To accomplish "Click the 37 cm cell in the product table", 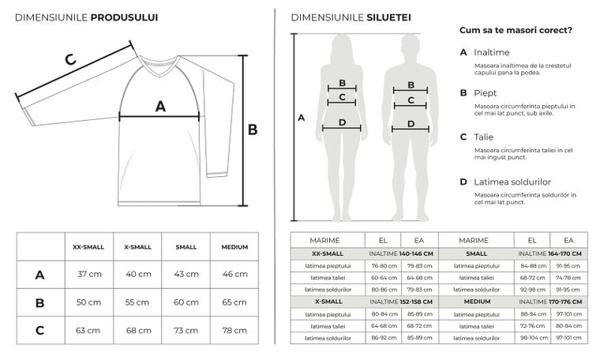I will pyautogui.click(x=88, y=275).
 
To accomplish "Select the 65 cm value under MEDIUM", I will pyautogui.click(x=234, y=302).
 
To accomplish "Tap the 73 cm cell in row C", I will pyautogui.click(x=186, y=331).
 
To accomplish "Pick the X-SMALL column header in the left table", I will pyautogui.click(x=137, y=247).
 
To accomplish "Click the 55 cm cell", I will pyautogui.click(x=137, y=302).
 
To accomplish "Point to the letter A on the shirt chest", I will pyautogui.click(x=160, y=106).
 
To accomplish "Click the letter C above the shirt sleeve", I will pyautogui.click(x=69, y=59).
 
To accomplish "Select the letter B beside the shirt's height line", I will pyautogui.click(x=253, y=129).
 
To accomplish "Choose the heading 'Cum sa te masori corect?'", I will pyautogui.click(x=516, y=31).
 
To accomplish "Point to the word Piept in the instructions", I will pyautogui.click(x=485, y=92).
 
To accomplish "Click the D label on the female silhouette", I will pyautogui.click(x=342, y=122).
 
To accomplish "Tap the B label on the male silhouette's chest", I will pyautogui.click(x=411, y=84).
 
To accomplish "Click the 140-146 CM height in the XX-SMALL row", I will pyautogui.click(x=417, y=253).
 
